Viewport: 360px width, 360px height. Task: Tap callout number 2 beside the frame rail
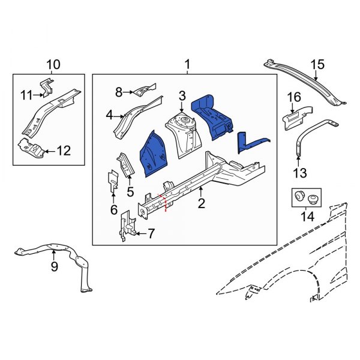coord(201,203)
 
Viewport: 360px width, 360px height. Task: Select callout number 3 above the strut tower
coord(182,95)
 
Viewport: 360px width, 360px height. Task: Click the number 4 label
coord(110,115)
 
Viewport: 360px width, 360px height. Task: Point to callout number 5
coord(130,192)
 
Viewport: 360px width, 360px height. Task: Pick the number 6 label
coord(114,209)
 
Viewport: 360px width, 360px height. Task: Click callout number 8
coord(119,92)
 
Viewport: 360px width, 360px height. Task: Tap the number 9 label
coord(54,267)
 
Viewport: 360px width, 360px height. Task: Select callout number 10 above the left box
coord(53,64)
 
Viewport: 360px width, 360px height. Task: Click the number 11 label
coord(26,94)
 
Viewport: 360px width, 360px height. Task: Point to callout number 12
coord(64,151)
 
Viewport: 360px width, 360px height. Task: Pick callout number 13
coord(299,173)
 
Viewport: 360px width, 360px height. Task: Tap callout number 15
coord(317,65)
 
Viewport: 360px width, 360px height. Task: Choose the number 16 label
coord(293,97)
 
